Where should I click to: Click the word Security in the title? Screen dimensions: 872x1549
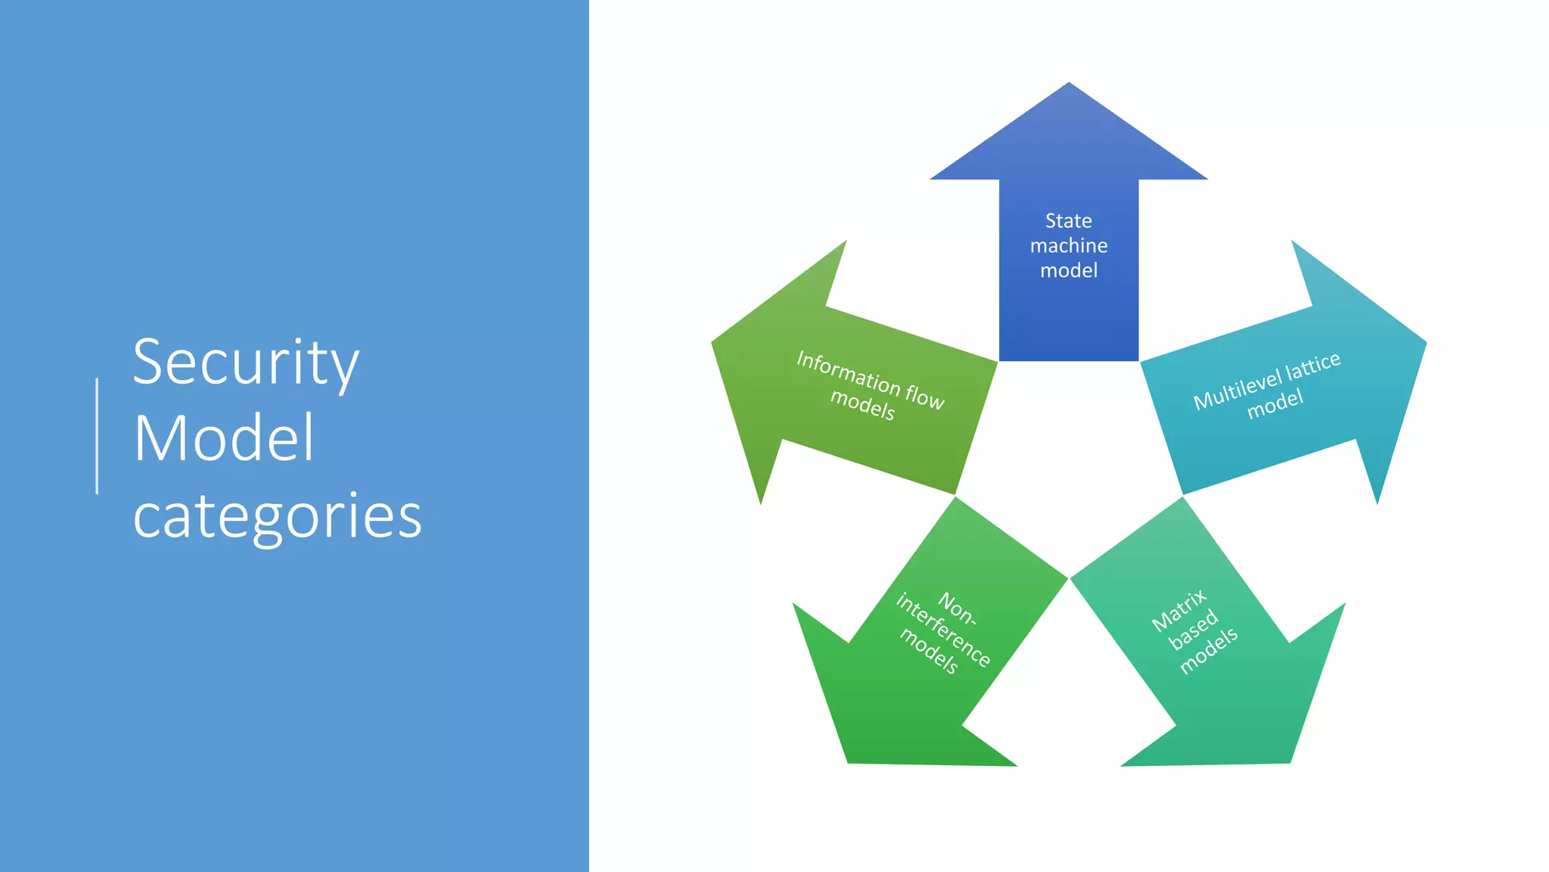click(x=246, y=363)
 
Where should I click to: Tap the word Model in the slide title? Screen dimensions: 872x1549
click(x=224, y=438)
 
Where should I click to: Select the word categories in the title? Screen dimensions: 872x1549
click(x=277, y=517)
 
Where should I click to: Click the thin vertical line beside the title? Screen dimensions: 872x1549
click(x=97, y=436)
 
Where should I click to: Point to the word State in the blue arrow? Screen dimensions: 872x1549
click(x=1068, y=221)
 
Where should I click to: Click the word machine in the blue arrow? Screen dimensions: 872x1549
click(x=1068, y=246)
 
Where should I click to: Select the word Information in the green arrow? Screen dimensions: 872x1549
click(x=847, y=372)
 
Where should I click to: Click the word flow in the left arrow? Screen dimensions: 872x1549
click(x=924, y=396)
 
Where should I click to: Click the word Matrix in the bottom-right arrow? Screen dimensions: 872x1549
click(x=1178, y=611)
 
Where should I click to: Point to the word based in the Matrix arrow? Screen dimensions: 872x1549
click(x=1194, y=630)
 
